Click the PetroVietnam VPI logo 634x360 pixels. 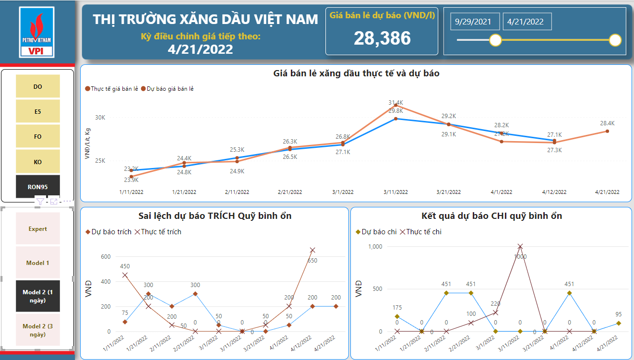(37, 32)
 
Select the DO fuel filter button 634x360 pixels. (38, 86)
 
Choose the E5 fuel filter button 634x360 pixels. (38, 111)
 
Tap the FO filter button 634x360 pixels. (38, 137)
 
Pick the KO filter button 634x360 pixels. (38, 162)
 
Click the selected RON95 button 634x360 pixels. (38, 187)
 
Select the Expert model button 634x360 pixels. (38, 229)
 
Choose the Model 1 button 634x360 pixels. (38, 263)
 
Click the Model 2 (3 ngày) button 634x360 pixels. (38, 330)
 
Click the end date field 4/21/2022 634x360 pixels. (526, 22)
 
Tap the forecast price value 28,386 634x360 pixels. (382, 38)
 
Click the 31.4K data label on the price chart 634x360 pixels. (395, 103)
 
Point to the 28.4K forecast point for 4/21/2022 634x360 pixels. (607, 131)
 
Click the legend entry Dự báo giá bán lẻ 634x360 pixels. (167, 89)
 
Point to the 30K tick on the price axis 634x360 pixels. (100, 117)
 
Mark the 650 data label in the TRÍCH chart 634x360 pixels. (312, 260)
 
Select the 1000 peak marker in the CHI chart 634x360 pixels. (520, 246)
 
